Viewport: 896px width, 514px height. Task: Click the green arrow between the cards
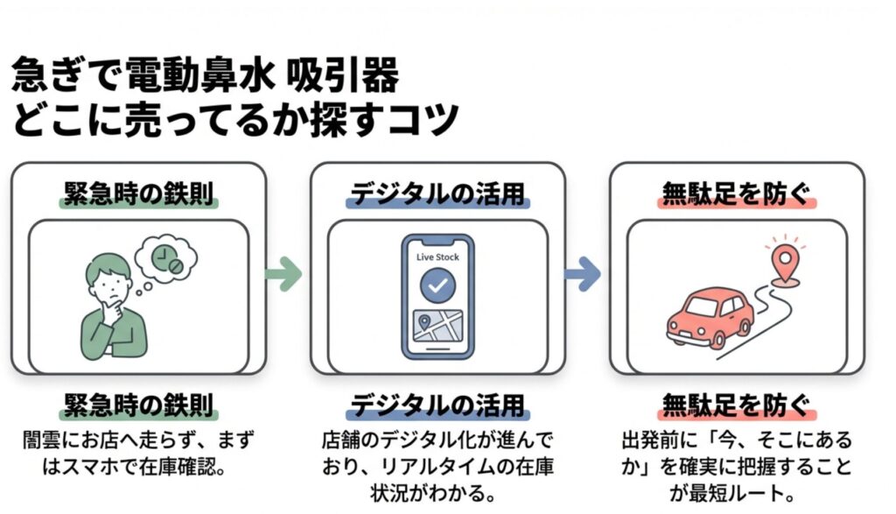tap(284, 275)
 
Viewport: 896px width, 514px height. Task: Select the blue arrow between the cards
tap(583, 275)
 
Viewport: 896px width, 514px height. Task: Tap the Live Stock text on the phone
tap(437, 257)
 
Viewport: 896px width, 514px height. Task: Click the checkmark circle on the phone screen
tap(437, 286)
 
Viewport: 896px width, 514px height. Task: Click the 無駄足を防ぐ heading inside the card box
tap(737, 194)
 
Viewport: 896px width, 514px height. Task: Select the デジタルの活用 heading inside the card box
tap(437, 194)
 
